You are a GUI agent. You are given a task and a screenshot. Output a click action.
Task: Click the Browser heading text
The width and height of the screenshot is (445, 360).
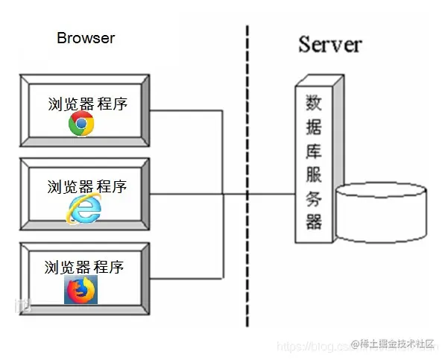point(86,38)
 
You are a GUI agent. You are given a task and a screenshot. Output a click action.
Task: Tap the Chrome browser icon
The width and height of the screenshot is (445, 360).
point(81,124)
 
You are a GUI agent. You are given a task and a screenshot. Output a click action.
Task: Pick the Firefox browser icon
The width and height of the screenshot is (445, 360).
point(81,290)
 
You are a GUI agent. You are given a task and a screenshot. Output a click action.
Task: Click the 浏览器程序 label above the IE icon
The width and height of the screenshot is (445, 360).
point(87,186)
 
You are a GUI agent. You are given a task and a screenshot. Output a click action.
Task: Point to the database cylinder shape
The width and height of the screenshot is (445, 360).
point(382,212)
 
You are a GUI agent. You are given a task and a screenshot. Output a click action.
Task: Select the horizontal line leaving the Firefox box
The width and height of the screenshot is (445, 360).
point(186,277)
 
